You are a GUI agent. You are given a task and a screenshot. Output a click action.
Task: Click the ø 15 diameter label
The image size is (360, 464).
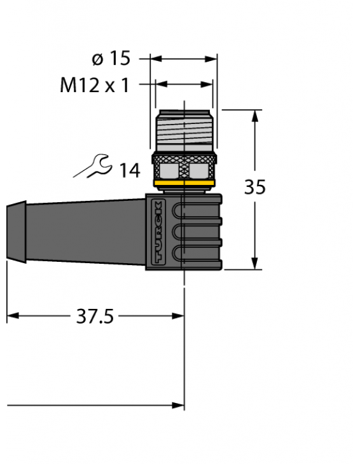(x=111, y=59)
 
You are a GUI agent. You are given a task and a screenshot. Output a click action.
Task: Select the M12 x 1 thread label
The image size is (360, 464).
(x=94, y=85)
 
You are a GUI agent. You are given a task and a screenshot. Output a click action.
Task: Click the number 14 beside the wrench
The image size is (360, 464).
(x=129, y=170)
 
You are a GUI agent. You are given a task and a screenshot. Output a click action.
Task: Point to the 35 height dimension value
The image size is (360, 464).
(x=255, y=188)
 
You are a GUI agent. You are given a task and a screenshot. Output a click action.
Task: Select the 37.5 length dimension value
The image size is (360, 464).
(x=95, y=316)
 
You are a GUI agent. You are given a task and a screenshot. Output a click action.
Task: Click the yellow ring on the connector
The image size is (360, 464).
(x=184, y=185)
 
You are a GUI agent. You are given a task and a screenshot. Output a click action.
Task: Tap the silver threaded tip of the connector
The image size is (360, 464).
(x=184, y=130)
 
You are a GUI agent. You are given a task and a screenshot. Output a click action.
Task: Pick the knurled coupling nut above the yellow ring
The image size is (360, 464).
(x=184, y=166)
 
